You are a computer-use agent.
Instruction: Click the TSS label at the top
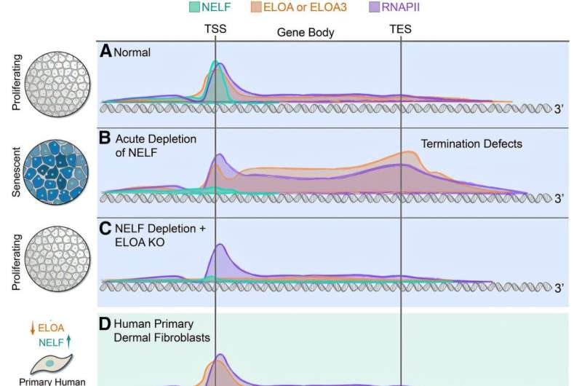coord(215,31)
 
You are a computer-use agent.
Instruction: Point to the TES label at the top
coord(401,31)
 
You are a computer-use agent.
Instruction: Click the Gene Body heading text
coord(306,33)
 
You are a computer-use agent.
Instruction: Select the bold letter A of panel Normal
coord(105,51)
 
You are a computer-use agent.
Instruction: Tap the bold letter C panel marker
coord(105,229)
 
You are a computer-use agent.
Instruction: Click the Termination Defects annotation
coord(471,144)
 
